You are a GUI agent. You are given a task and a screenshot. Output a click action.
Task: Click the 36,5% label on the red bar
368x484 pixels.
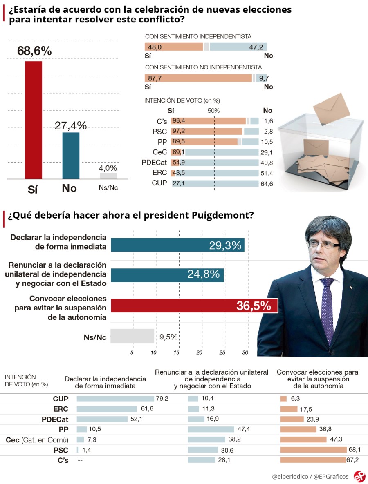[254, 306]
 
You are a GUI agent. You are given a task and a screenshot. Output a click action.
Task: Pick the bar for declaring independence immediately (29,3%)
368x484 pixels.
[177, 245]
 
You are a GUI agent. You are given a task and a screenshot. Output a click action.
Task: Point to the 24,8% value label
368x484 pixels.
[204, 274]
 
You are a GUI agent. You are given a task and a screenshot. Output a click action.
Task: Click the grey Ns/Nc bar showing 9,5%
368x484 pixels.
[132, 337]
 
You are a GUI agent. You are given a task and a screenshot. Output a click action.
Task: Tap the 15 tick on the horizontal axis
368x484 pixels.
[177, 352]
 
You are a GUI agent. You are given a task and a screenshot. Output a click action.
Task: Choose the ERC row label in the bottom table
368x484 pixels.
[61, 409]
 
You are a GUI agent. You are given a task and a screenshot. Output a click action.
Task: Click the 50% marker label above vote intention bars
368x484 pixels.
[213, 110]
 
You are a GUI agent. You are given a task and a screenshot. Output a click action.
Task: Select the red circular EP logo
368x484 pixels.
[359, 476]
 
